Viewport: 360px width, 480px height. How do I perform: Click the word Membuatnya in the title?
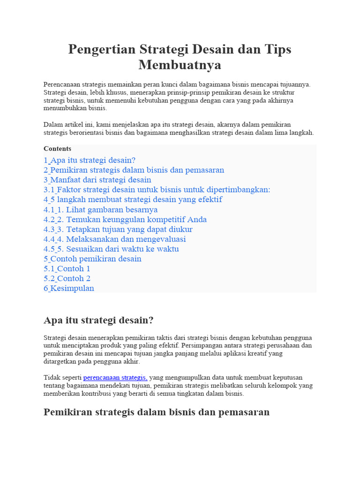point(180,65)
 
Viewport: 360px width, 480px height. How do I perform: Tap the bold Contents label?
point(58,149)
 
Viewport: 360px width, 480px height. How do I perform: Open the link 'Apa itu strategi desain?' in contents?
point(90,160)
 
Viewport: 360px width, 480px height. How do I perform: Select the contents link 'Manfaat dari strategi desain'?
point(97,180)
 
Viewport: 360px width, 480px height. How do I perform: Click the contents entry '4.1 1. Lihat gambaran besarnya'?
point(101,210)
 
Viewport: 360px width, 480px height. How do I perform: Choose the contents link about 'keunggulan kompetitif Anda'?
point(125,219)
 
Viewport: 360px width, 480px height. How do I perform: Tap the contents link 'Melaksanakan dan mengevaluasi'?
point(115,239)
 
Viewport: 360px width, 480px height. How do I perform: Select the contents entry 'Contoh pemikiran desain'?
point(92,259)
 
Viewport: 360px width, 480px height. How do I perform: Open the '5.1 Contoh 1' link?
point(67,269)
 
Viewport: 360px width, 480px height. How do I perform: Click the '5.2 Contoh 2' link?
point(67,278)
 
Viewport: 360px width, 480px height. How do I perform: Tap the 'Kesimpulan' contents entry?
point(69,288)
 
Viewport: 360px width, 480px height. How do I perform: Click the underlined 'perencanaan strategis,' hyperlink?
point(115,377)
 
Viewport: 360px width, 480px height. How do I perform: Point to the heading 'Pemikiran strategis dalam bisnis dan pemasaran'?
point(157,412)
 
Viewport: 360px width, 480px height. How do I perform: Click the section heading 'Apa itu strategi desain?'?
point(98,321)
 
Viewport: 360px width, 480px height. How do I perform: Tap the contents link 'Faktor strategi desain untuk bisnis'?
point(157,189)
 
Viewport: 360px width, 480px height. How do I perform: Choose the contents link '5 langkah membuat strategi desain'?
point(133,199)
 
